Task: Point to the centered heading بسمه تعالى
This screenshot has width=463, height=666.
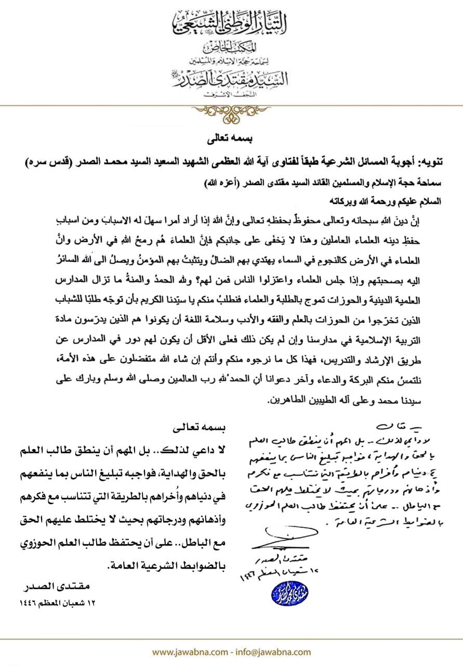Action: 231,140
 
